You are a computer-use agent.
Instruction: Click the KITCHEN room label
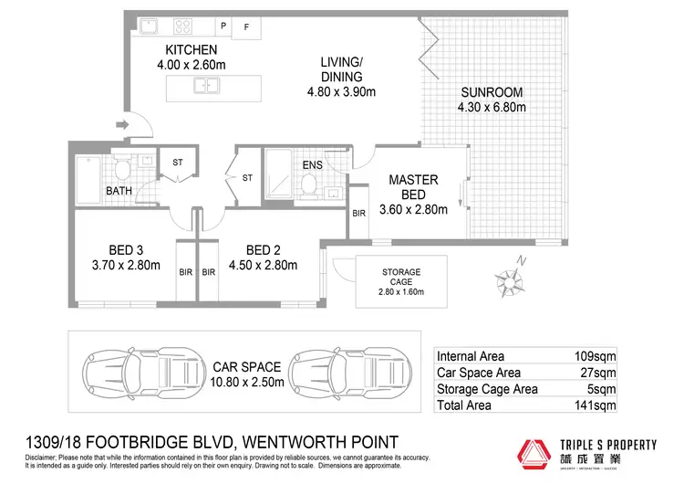tap(191, 49)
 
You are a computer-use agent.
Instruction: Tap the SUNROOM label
tap(491, 92)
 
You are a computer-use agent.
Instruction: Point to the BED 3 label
tap(125, 249)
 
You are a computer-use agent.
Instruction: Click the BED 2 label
tap(264, 249)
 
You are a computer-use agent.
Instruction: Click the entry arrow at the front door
tap(122, 125)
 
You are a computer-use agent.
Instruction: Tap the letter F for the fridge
tap(245, 26)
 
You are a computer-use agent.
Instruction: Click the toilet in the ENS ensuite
tap(309, 184)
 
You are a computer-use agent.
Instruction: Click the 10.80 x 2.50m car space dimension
tap(249, 381)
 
